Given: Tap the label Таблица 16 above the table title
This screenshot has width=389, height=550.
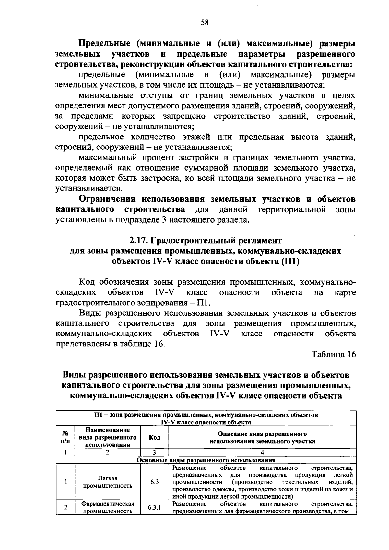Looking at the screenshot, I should (334, 354).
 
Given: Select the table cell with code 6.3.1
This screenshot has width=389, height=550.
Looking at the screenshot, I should (154, 508).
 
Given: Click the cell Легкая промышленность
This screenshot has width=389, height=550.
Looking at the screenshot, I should (108, 482).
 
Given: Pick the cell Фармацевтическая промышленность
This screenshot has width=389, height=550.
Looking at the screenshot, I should (108, 508).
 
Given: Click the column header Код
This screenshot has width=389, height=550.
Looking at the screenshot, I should (154, 437).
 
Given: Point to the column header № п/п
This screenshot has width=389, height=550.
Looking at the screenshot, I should (65, 437).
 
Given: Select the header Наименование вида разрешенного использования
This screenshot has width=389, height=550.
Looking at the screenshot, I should (108, 437).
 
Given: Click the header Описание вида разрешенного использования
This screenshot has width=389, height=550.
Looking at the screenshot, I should (262, 437).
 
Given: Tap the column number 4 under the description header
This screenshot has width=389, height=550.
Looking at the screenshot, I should (262, 452).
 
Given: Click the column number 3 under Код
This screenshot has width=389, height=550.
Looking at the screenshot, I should (154, 452).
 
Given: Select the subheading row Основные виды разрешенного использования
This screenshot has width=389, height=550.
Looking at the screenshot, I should (206, 460).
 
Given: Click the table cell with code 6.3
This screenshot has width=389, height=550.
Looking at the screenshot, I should (154, 482).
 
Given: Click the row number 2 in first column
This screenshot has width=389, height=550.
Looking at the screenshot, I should (65, 508).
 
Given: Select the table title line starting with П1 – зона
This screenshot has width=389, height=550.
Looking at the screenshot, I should (206, 415).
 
